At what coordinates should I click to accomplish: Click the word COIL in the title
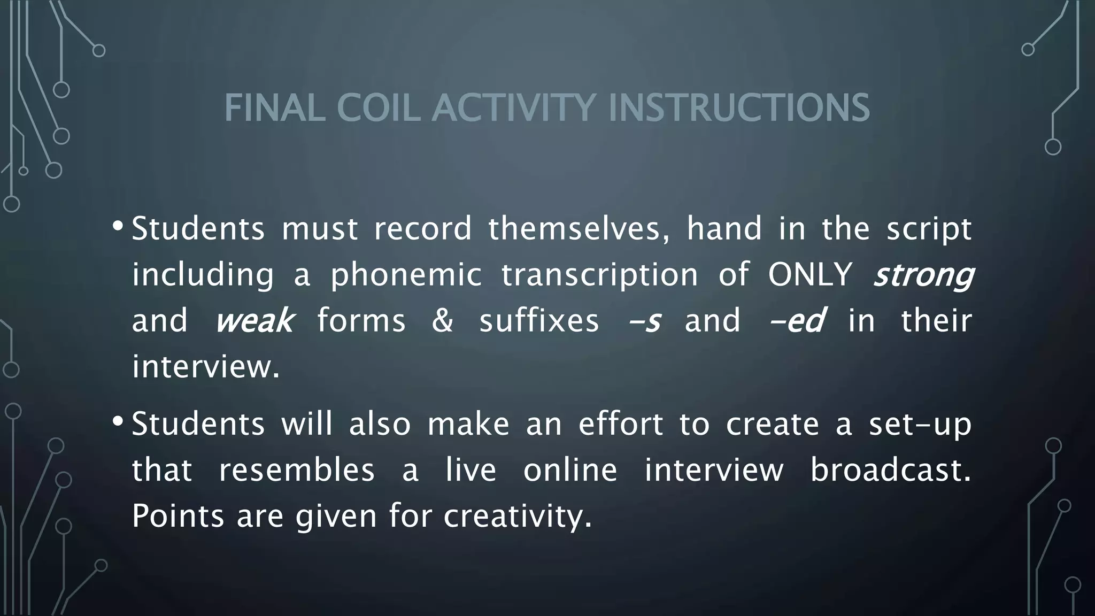tap(377, 107)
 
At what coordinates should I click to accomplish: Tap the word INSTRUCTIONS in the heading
tap(739, 107)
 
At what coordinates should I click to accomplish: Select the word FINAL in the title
tap(274, 107)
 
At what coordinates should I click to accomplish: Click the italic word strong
tap(923, 275)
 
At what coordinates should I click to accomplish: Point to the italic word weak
tap(254, 321)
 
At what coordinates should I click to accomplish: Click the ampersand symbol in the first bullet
tap(442, 321)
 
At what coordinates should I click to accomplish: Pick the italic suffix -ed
tap(797, 321)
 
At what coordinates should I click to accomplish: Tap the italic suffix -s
tap(645, 321)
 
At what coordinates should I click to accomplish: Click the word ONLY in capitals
tap(810, 275)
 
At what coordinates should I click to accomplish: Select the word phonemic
tap(406, 275)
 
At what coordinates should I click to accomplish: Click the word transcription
tap(599, 275)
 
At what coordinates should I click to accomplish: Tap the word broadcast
tap(890, 470)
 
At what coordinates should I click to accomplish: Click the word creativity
tap(518, 516)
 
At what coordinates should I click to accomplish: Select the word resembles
tap(297, 470)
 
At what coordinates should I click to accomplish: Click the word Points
tap(178, 516)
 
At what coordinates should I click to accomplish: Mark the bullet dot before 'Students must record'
tap(118, 227)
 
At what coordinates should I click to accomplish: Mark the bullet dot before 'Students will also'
tap(118, 422)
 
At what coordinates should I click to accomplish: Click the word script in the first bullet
tap(929, 229)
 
